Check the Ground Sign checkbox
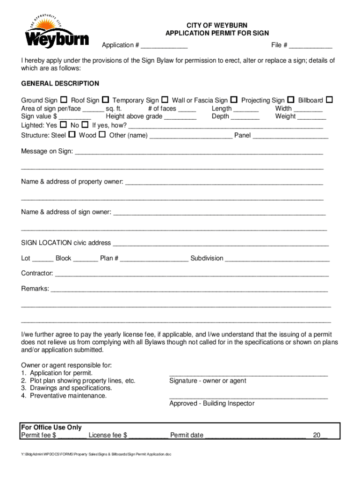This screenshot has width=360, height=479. [x=63, y=100]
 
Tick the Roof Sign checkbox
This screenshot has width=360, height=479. [x=106, y=100]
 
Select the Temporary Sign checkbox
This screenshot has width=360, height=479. [x=165, y=100]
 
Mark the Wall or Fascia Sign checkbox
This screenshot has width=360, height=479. [x=234, y=100]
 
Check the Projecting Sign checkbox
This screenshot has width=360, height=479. [x=291, y=100]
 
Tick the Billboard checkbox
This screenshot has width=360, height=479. [x=329, y=100]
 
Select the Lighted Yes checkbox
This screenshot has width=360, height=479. [x=63, y=125]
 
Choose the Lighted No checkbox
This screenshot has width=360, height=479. [x=85, y=125]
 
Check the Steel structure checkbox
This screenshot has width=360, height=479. [x=72, y=135]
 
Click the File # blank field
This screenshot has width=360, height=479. [x=310, y=46]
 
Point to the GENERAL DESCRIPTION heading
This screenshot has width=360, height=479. [x=60, y=83]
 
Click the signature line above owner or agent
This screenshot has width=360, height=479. [x=248, y=375]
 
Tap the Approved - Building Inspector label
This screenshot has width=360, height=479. [x=212, y=403]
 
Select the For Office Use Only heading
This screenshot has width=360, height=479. [x=51, y=427]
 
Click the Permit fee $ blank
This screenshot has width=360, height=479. [x=72, y=436]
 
